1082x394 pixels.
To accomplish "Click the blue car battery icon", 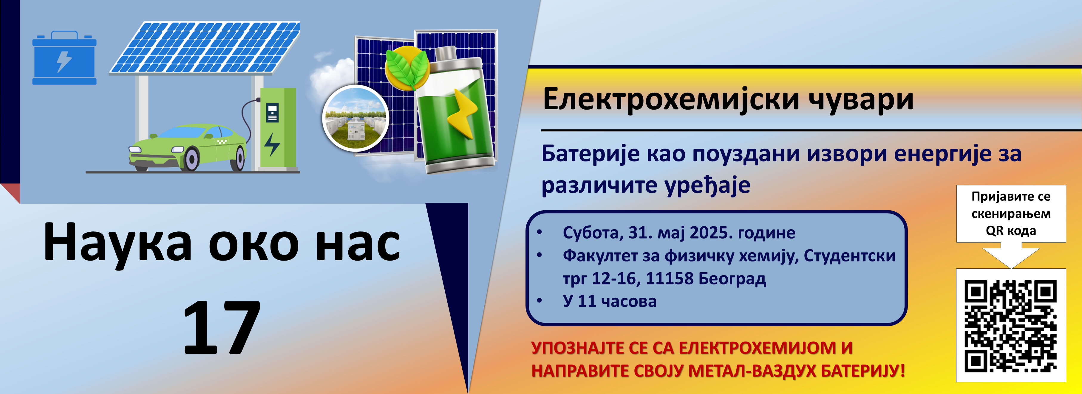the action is [x=64, y=57].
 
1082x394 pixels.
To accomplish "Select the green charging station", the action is [x=278, y=128].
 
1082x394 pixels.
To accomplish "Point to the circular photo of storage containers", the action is [x=355, y=118].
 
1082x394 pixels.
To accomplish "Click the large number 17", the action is [x=222, y=327].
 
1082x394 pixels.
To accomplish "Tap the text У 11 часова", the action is [x=610, y=301].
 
